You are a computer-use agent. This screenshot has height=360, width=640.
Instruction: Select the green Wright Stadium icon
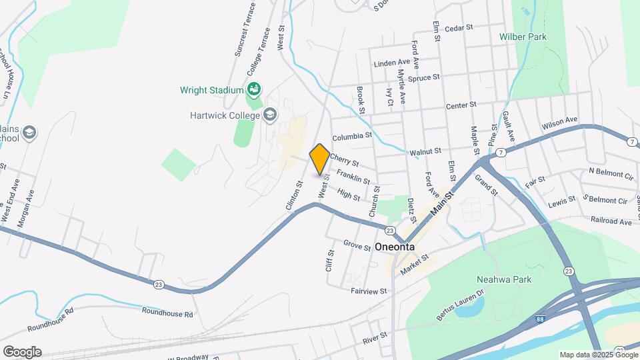tap(253, 89)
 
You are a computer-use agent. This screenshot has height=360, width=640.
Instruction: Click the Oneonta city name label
tap(395, 247)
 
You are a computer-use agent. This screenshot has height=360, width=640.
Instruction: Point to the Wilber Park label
tap(523, 37)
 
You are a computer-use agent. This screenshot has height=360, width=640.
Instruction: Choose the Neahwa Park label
tap(504, 279)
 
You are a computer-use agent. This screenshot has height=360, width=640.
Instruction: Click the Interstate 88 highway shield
tap(538, 321)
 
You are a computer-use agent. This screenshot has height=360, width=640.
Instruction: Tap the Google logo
tap(22, 351)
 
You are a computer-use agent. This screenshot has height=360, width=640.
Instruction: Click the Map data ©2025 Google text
tap(597, 355)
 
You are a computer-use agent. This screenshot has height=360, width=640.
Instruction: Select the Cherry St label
tap(345, 161)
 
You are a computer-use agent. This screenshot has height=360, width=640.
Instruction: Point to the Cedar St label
tap(458, 28)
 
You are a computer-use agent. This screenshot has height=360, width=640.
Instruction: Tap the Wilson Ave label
tap(559, 122)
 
